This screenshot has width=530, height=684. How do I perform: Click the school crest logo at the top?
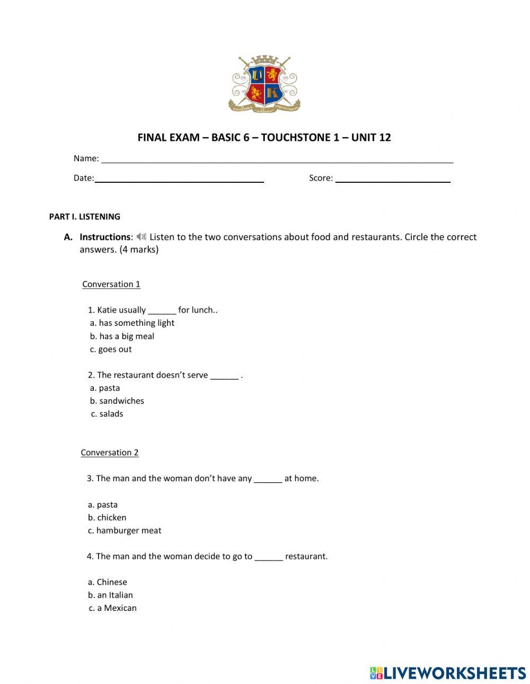click(x=264, y=84)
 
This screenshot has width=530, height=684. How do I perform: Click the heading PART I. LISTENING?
click(x=84, y=217)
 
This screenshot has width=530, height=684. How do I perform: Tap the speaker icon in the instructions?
click(x=141, y=237)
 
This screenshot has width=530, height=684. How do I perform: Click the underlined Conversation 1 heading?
click(x=111, y=285)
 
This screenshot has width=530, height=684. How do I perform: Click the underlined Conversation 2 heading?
click(x=109, y=452)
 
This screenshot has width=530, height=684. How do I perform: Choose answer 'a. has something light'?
click(x=132, y=323)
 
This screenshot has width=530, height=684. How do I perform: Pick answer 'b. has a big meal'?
click(x=122, y=336)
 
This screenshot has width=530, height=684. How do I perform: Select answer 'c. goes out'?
click(x=111, y=350)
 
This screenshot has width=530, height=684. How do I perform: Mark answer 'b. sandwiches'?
click(x=117, y=401)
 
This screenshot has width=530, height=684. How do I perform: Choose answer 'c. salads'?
click(x=107, y=414)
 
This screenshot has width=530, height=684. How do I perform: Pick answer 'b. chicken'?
click(x=107, y=518)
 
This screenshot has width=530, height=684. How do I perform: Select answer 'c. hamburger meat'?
click(x=125, y=531)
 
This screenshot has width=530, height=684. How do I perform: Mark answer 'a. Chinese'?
click(x=108, y=582)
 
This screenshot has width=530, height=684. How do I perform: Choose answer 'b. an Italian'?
click(x=110, y=596)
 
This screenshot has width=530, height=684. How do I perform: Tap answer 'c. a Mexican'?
click(x=112, y=608)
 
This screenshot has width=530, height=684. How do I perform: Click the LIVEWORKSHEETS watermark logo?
click(x=448, y=673)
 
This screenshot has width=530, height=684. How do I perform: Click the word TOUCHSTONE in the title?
click(x=296, y=138)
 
